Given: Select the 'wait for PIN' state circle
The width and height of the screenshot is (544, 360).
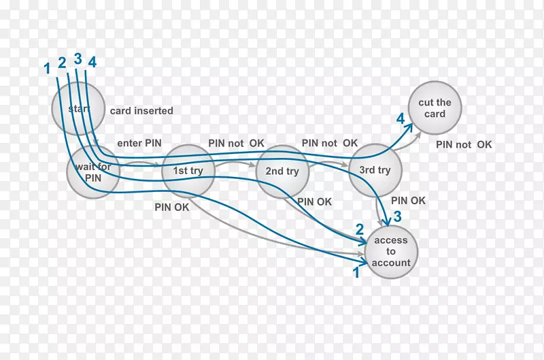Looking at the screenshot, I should click(x=93, y=171).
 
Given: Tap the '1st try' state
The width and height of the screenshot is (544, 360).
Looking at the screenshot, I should click(x=188, y=171).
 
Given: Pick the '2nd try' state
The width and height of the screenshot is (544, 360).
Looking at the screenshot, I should click(x=283, y=171).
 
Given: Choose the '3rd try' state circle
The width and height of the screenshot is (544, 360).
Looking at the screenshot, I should click(x=375, y=170).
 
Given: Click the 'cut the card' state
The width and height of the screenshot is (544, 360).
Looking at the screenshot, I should click(x=435, y=108).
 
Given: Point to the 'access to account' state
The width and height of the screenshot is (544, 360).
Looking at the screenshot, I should click(x=391, y=252).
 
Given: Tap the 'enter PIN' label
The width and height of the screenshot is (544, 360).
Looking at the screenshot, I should click(x=139, y=144).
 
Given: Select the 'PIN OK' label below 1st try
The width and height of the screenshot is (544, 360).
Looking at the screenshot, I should click(x=171, y=207).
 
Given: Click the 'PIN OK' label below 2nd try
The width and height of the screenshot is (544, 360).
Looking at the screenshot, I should click(x=315, y=201).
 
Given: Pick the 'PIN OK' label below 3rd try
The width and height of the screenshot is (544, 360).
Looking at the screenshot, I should click(x=409, y=201).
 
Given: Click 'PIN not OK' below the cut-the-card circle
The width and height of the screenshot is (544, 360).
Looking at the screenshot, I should click(x=464, y=144).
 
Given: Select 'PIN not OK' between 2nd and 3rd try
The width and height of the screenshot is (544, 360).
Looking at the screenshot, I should click(x=330, y=143).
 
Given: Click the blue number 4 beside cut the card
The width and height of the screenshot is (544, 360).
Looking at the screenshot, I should click(x=401, y=119).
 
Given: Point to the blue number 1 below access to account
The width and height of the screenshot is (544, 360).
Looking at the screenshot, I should click(x=355, y=272).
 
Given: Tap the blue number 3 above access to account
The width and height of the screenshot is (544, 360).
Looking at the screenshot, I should click(x=398, y=216).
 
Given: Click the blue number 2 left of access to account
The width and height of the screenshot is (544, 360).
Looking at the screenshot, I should click(x=360, y=229).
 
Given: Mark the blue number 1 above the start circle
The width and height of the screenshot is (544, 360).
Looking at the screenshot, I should click(x=47, y=68).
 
